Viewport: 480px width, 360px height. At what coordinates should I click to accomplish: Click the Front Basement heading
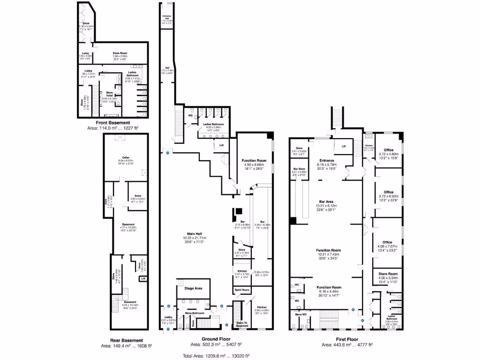tap(112, 122)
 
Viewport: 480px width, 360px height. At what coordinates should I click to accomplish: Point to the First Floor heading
tap(347, 338)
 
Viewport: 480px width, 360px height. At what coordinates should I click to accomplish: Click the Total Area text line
tap(216, 355)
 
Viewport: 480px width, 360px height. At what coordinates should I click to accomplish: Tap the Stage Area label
tap(193, 288)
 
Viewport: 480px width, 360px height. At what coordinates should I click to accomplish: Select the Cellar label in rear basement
tap(126, 157)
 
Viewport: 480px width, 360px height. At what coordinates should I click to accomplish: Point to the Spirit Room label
tap(242, 291)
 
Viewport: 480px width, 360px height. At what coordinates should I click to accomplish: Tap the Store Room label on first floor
tap(387, 273)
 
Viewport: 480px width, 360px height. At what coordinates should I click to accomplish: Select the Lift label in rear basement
tap(142, 279)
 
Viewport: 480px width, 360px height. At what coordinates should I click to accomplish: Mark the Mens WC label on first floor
tap(301, 314)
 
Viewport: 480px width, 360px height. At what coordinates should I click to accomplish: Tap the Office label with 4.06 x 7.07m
tap(387, 242)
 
